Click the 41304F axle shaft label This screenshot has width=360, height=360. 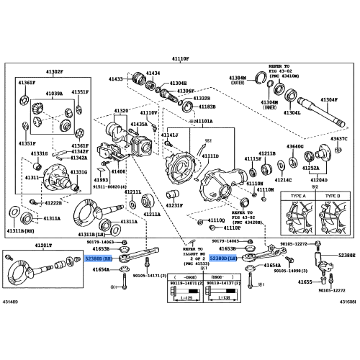pyautogui.click(x=329, y=99)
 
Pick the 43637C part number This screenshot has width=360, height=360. pyautogui.click(x=338, y=138)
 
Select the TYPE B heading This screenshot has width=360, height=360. pyautogui.click(x=332, y=196)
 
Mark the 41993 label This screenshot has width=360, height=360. pyautogui.click(x=101, y=180)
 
